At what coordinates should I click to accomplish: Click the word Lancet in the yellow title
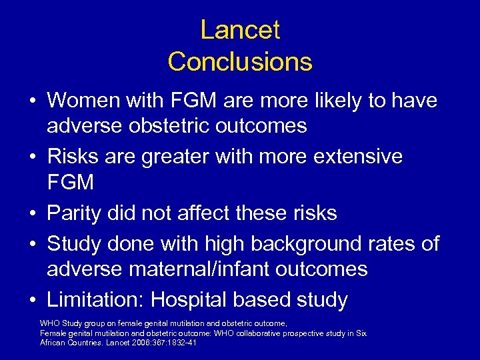click(240, 30)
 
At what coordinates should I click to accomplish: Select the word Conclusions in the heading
click(240, 62)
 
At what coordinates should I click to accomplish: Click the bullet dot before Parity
click(32, 214)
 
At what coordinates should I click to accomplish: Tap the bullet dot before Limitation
click(32, 301)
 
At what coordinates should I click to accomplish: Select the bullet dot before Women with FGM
click(32, 101)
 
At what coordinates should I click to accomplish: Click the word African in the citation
click(54, 342)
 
